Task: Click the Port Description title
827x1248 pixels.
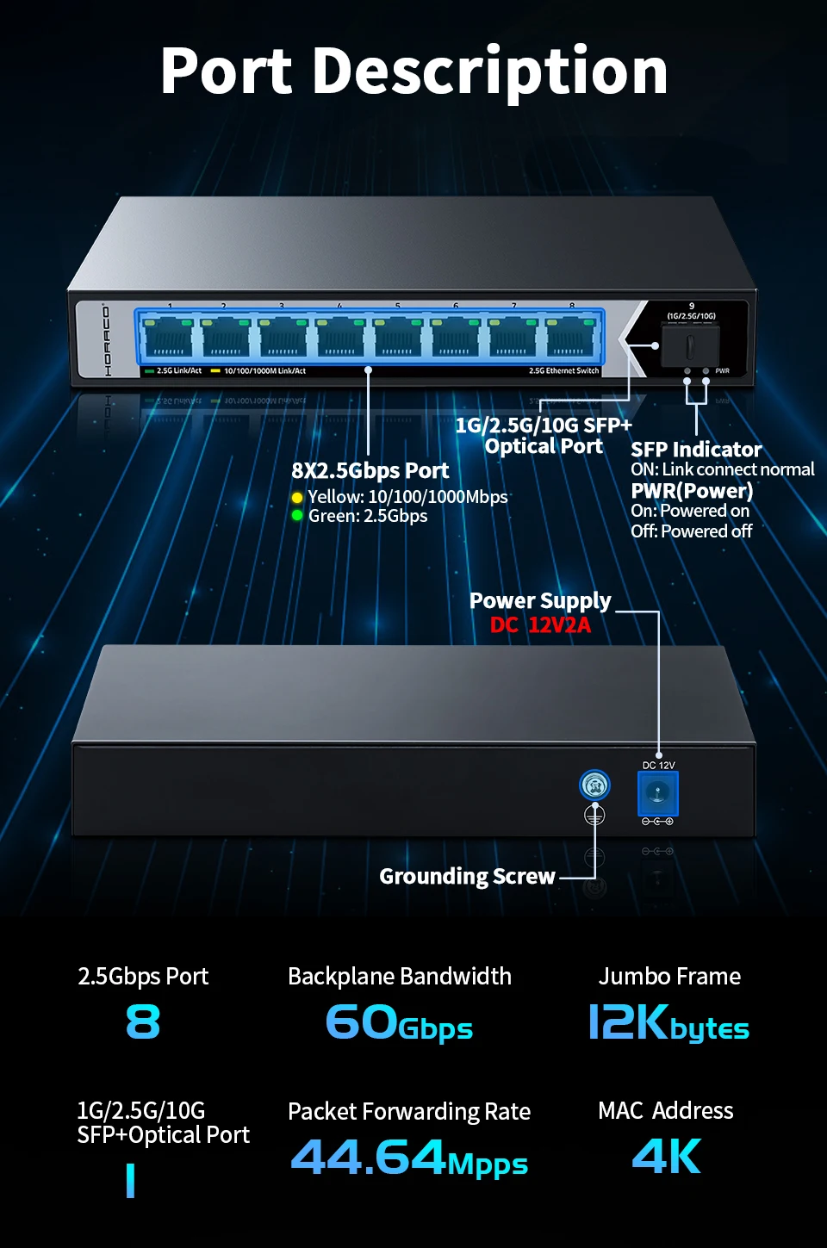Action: (x=413, y=71)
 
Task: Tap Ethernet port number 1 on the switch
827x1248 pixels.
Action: (x=168, y=337)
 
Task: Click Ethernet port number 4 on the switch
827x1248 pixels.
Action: (x=340, y=337)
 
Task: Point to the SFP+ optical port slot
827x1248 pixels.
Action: (x=691, y=345)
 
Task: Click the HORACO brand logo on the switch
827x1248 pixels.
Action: (x=107, y=339)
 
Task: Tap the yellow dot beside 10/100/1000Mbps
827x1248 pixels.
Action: (x=297, y=498)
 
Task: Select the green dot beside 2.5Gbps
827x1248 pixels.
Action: (x=297, y=515)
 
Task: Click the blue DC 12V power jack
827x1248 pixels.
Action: (x=658, y=793)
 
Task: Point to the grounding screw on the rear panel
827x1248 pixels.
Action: (x=594, y=785)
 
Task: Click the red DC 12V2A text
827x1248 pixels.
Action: (x=540, y=625)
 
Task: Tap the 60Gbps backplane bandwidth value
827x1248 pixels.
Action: (x=399, y=1023)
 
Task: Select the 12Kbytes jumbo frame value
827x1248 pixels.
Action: (x=668, y=1023)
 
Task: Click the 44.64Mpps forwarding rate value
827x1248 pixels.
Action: (x=409, y=1158)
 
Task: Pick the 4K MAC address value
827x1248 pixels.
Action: (x=666, y=1157)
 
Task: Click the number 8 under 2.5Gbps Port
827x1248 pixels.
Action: (x=143, y=1022)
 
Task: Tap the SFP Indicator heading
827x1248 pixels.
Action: (x=696, y=450)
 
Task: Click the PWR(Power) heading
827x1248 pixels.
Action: (x=692, y=491)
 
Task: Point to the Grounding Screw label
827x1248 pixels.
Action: (x=467, y=877)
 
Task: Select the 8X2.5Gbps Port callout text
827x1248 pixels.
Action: (x=370, y=471)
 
